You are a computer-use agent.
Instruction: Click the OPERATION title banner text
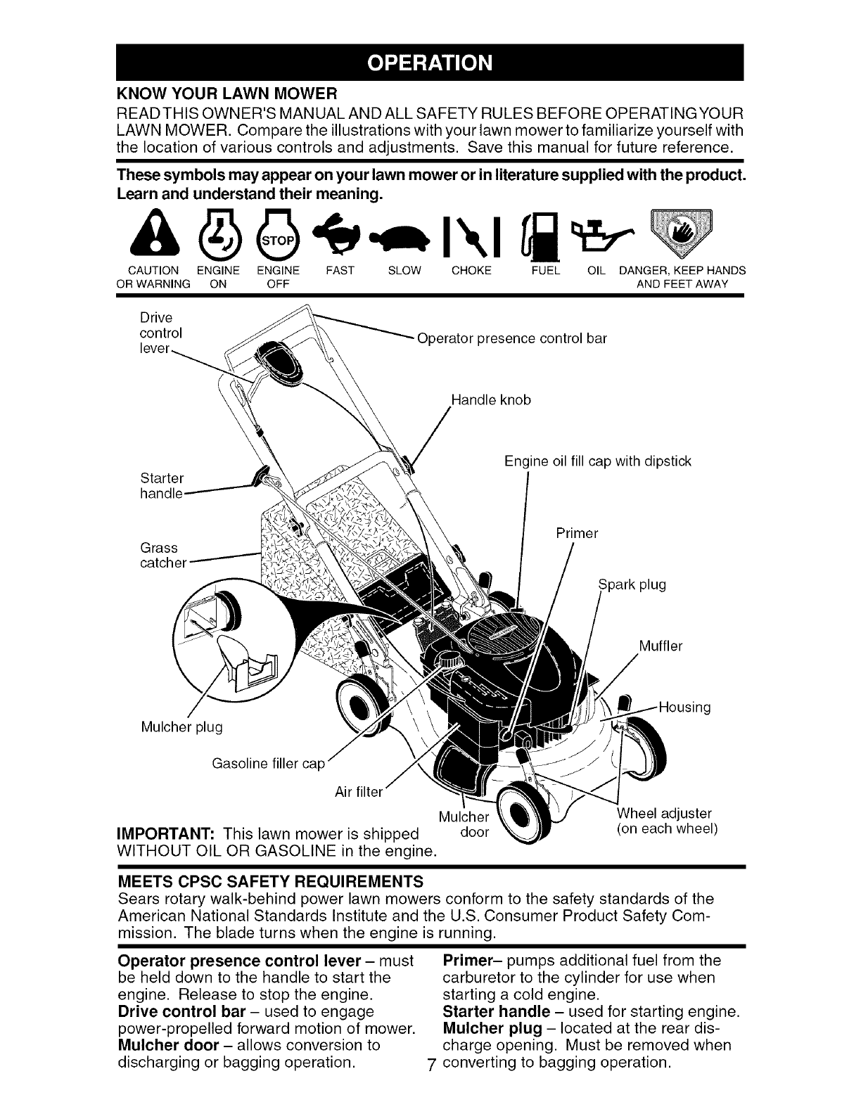431,63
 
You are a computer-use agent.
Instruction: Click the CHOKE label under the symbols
471,271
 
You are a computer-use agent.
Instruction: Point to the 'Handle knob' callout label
490,400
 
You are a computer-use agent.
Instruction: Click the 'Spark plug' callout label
631,584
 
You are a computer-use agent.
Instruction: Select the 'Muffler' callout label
661,646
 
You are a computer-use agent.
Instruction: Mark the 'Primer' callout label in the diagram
576,533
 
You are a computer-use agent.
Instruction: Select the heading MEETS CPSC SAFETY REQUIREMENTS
270,881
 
